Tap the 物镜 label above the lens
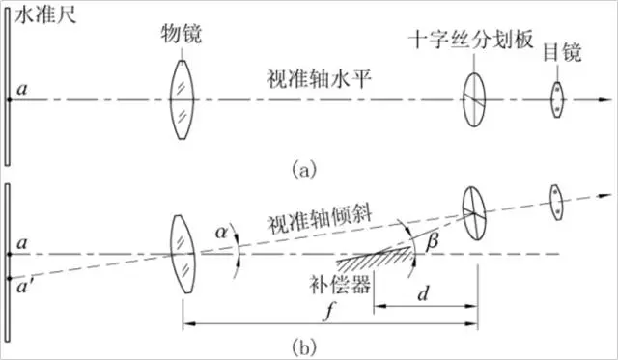[x=181, y=34]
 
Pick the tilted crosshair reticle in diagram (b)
[x=473, y=210]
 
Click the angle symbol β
[x=431, y=247]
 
